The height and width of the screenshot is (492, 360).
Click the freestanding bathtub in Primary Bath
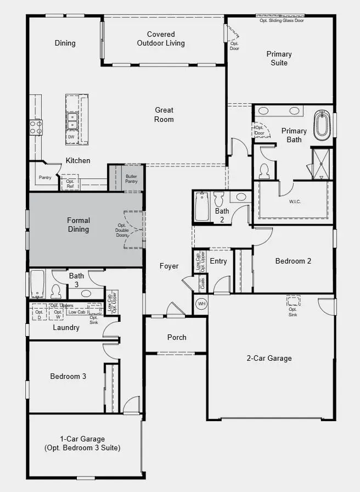click(322, 126)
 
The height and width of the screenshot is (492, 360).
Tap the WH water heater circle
click(201, 304)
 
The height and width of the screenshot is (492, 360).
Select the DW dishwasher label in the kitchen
click(71, 137)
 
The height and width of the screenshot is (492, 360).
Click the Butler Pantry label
click(131, 178)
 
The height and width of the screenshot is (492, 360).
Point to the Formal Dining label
click(78, 225)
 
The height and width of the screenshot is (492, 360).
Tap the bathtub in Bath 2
click(202, 206)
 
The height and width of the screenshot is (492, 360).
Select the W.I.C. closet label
click(295, 202)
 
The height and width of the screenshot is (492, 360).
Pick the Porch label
click(177, 337)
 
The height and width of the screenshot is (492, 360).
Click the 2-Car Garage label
click(269, 358)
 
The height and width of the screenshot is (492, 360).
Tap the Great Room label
click(164, 115)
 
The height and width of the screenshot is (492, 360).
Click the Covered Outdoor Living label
click(161, 38)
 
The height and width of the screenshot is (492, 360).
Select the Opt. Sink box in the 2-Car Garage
click(293, 301)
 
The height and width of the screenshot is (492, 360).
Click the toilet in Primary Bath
click(264, 171)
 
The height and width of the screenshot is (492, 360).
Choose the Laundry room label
click(66, 327)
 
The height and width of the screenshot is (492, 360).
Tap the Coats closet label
click(203, 283)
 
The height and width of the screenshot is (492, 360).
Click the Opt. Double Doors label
click(122, 230)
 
